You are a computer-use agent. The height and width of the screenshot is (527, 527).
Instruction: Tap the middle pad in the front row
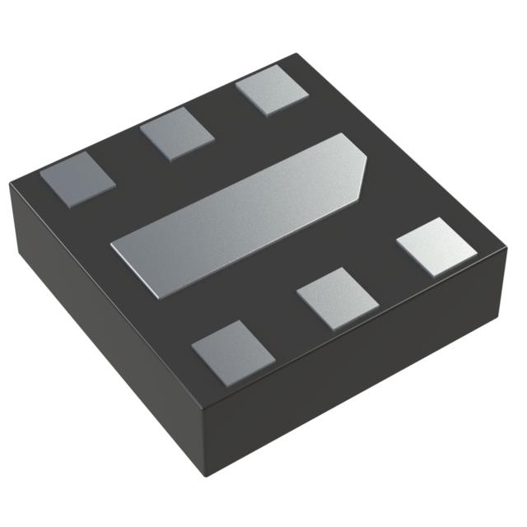coord(338,297)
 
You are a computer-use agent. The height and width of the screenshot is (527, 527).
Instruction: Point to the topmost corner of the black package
coord(295,56)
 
